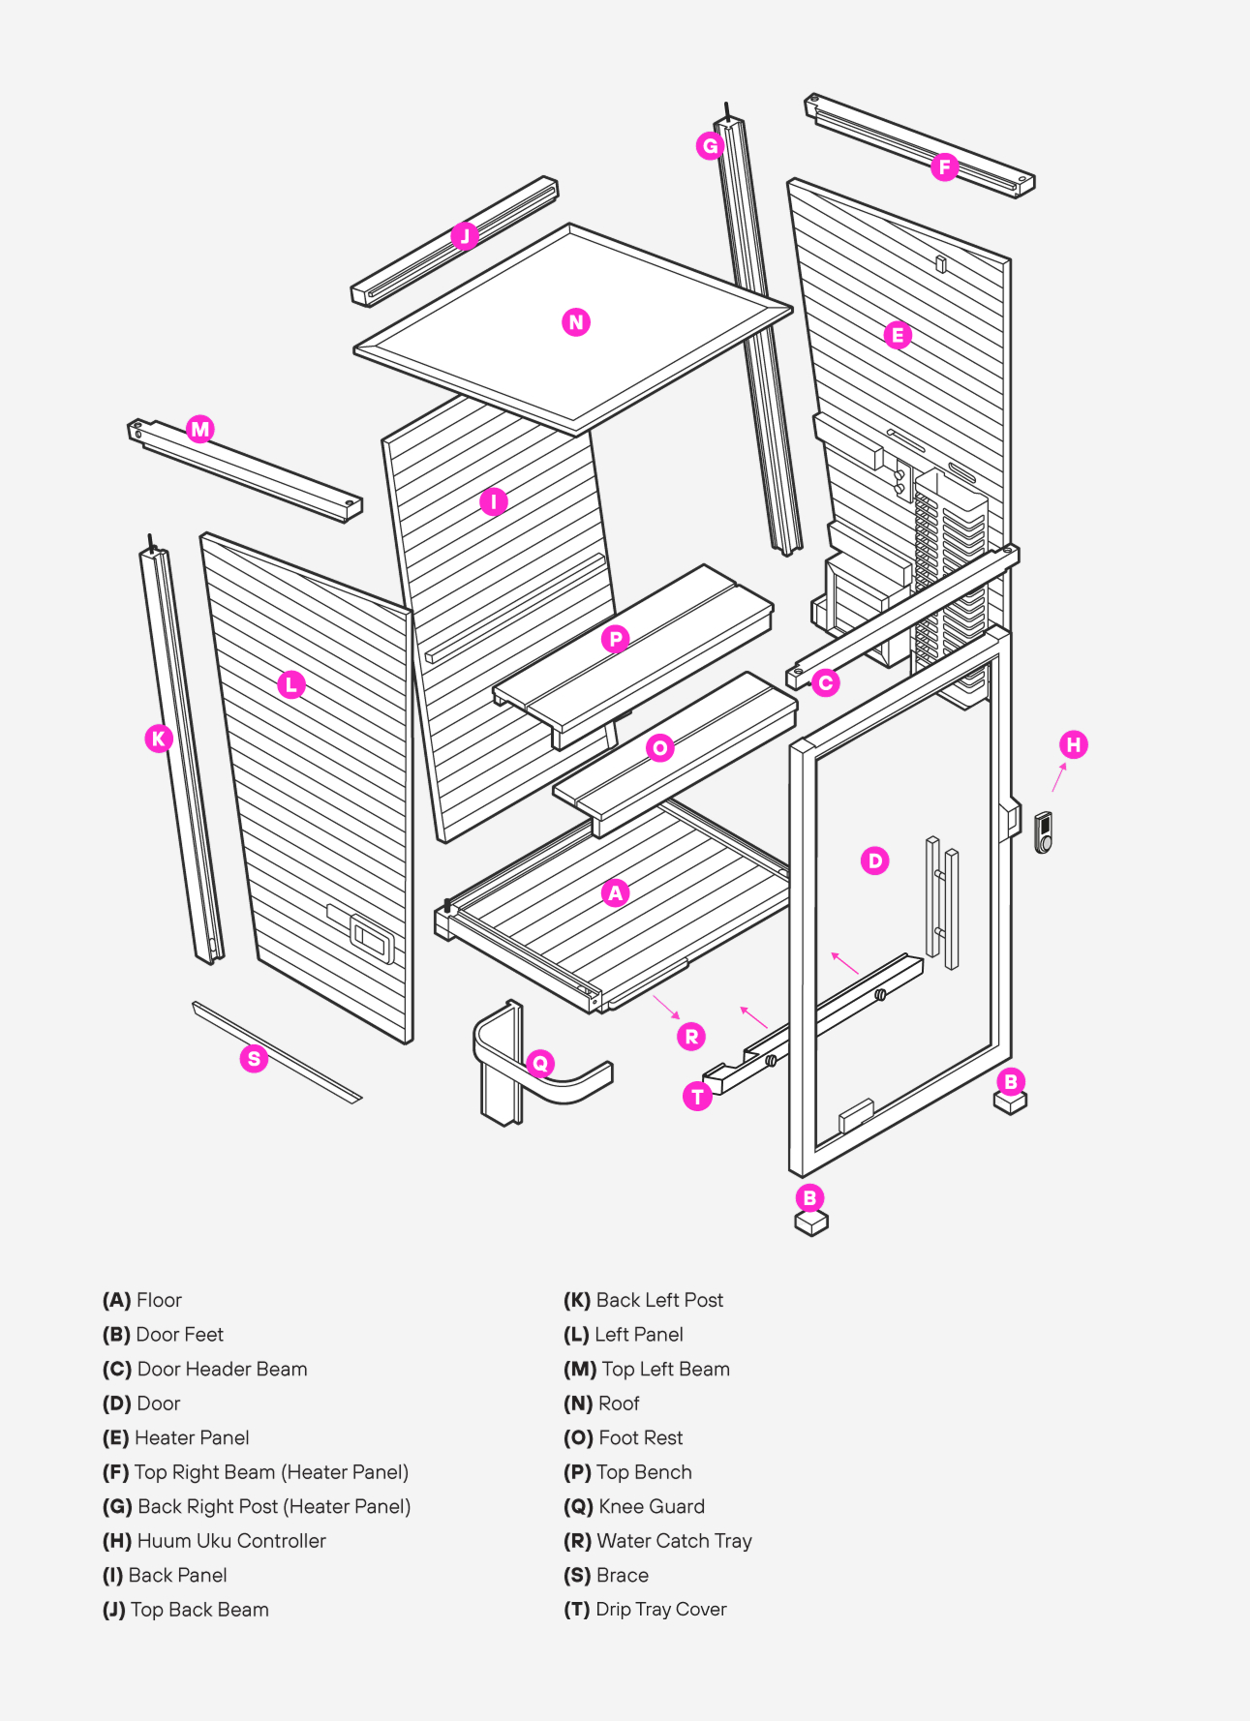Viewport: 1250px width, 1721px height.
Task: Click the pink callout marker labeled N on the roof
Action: (x=576, y=322)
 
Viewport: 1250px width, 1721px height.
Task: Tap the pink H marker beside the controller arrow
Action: (x=1073, y=744)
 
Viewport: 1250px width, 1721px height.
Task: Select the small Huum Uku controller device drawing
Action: (x=1043, y=832)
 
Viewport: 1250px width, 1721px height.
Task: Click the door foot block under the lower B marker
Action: (x=810, y=1223)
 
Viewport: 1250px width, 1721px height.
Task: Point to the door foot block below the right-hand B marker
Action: (x=1010, y=1102)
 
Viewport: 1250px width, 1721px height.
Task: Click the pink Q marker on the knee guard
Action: (x=540, y=1063)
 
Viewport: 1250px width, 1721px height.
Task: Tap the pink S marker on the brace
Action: (x=254, y=1058)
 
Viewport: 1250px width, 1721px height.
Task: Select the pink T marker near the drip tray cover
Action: (x=697, y=1096)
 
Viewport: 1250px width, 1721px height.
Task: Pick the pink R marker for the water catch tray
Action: (x=691, y=1037)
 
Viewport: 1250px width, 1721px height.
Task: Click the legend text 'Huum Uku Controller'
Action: (x=230, y=1540)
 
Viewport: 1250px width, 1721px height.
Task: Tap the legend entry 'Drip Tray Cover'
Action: (x=660, y=1609)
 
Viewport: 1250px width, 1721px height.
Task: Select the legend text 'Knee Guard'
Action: (x=651, y=1506)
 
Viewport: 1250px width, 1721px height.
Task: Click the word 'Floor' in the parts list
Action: (x=159, y=1300)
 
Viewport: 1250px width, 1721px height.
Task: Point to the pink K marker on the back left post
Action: (x=159, y=739)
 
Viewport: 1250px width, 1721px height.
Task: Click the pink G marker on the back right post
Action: (x=710, y=146)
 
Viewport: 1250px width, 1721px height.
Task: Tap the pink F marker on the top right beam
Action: (x=945, y=167)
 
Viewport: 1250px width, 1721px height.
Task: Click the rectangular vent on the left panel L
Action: (x=372, y=937)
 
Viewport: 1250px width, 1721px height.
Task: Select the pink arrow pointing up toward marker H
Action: (x=1059, y=776)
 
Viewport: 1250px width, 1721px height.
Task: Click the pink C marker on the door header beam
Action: (x=825, y=683)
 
